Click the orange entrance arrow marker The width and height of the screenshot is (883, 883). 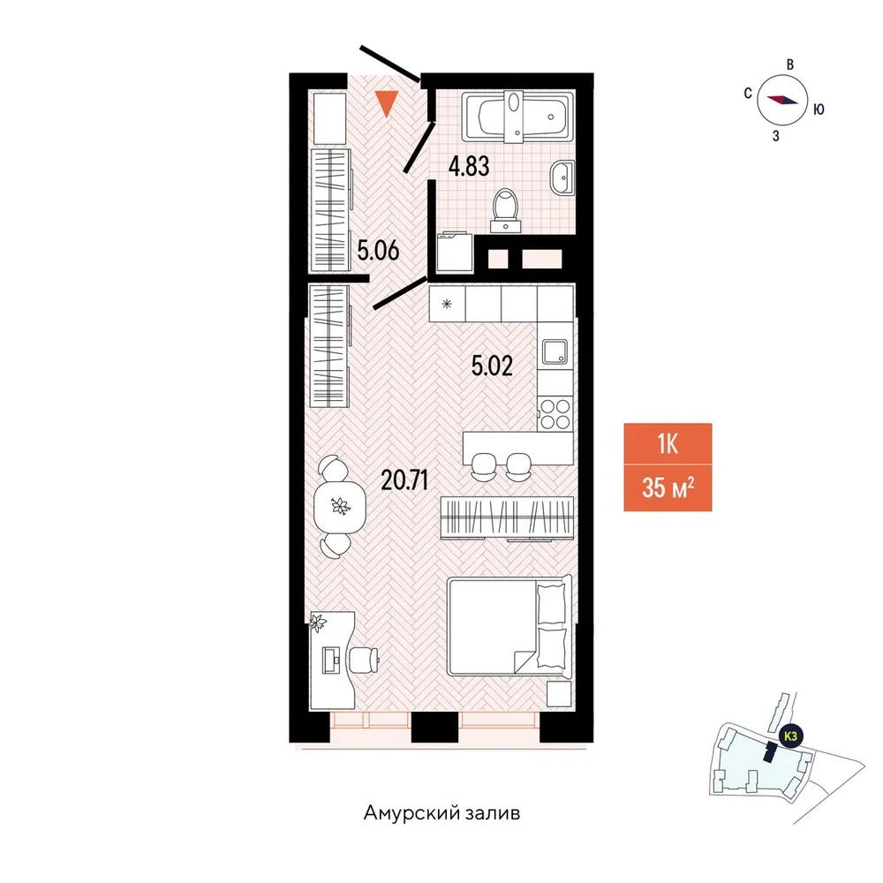(387, 103)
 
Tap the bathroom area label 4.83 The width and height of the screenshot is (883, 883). (469, 167)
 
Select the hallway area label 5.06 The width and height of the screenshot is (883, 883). (379, 250)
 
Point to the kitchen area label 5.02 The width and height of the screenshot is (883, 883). (492, 366)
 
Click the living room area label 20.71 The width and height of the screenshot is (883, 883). (404, 480)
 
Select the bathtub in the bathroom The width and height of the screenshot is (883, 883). (517, 117)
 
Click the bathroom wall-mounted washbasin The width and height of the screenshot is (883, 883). (562, 178)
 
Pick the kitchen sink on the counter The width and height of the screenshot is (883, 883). (555, 352)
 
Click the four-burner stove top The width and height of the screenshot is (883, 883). (555, 414)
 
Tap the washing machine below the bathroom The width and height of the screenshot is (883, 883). (455, 252)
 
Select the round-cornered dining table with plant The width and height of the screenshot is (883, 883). (340, 506)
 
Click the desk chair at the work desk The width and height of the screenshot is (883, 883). (363, 659)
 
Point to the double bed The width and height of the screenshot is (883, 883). (509, 626)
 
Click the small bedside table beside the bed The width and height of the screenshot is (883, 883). (559, 694)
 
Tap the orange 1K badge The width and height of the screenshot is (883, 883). (668, 444)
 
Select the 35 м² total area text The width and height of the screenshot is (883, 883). (668, 487)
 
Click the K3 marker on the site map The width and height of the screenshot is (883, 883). (790, 736)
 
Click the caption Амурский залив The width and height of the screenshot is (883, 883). (442, 813)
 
